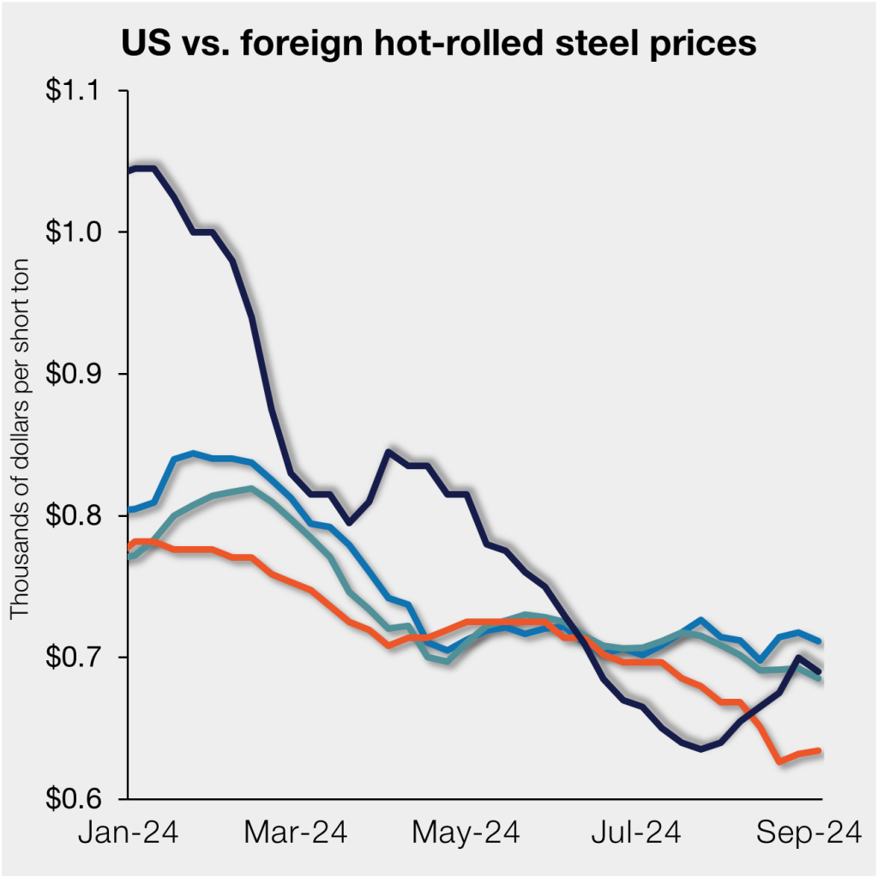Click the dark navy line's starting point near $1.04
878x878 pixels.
pyautogui.click(x=129, y=171)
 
